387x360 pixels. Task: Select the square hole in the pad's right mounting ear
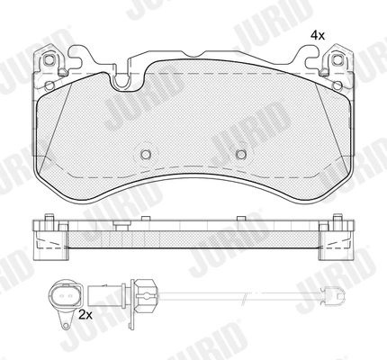pyautogui.click(x=339, y=63)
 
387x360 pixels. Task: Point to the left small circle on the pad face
pyautogui.click(x=145, y=154)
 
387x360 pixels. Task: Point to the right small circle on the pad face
pyautogui.click(x=240, y=154)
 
